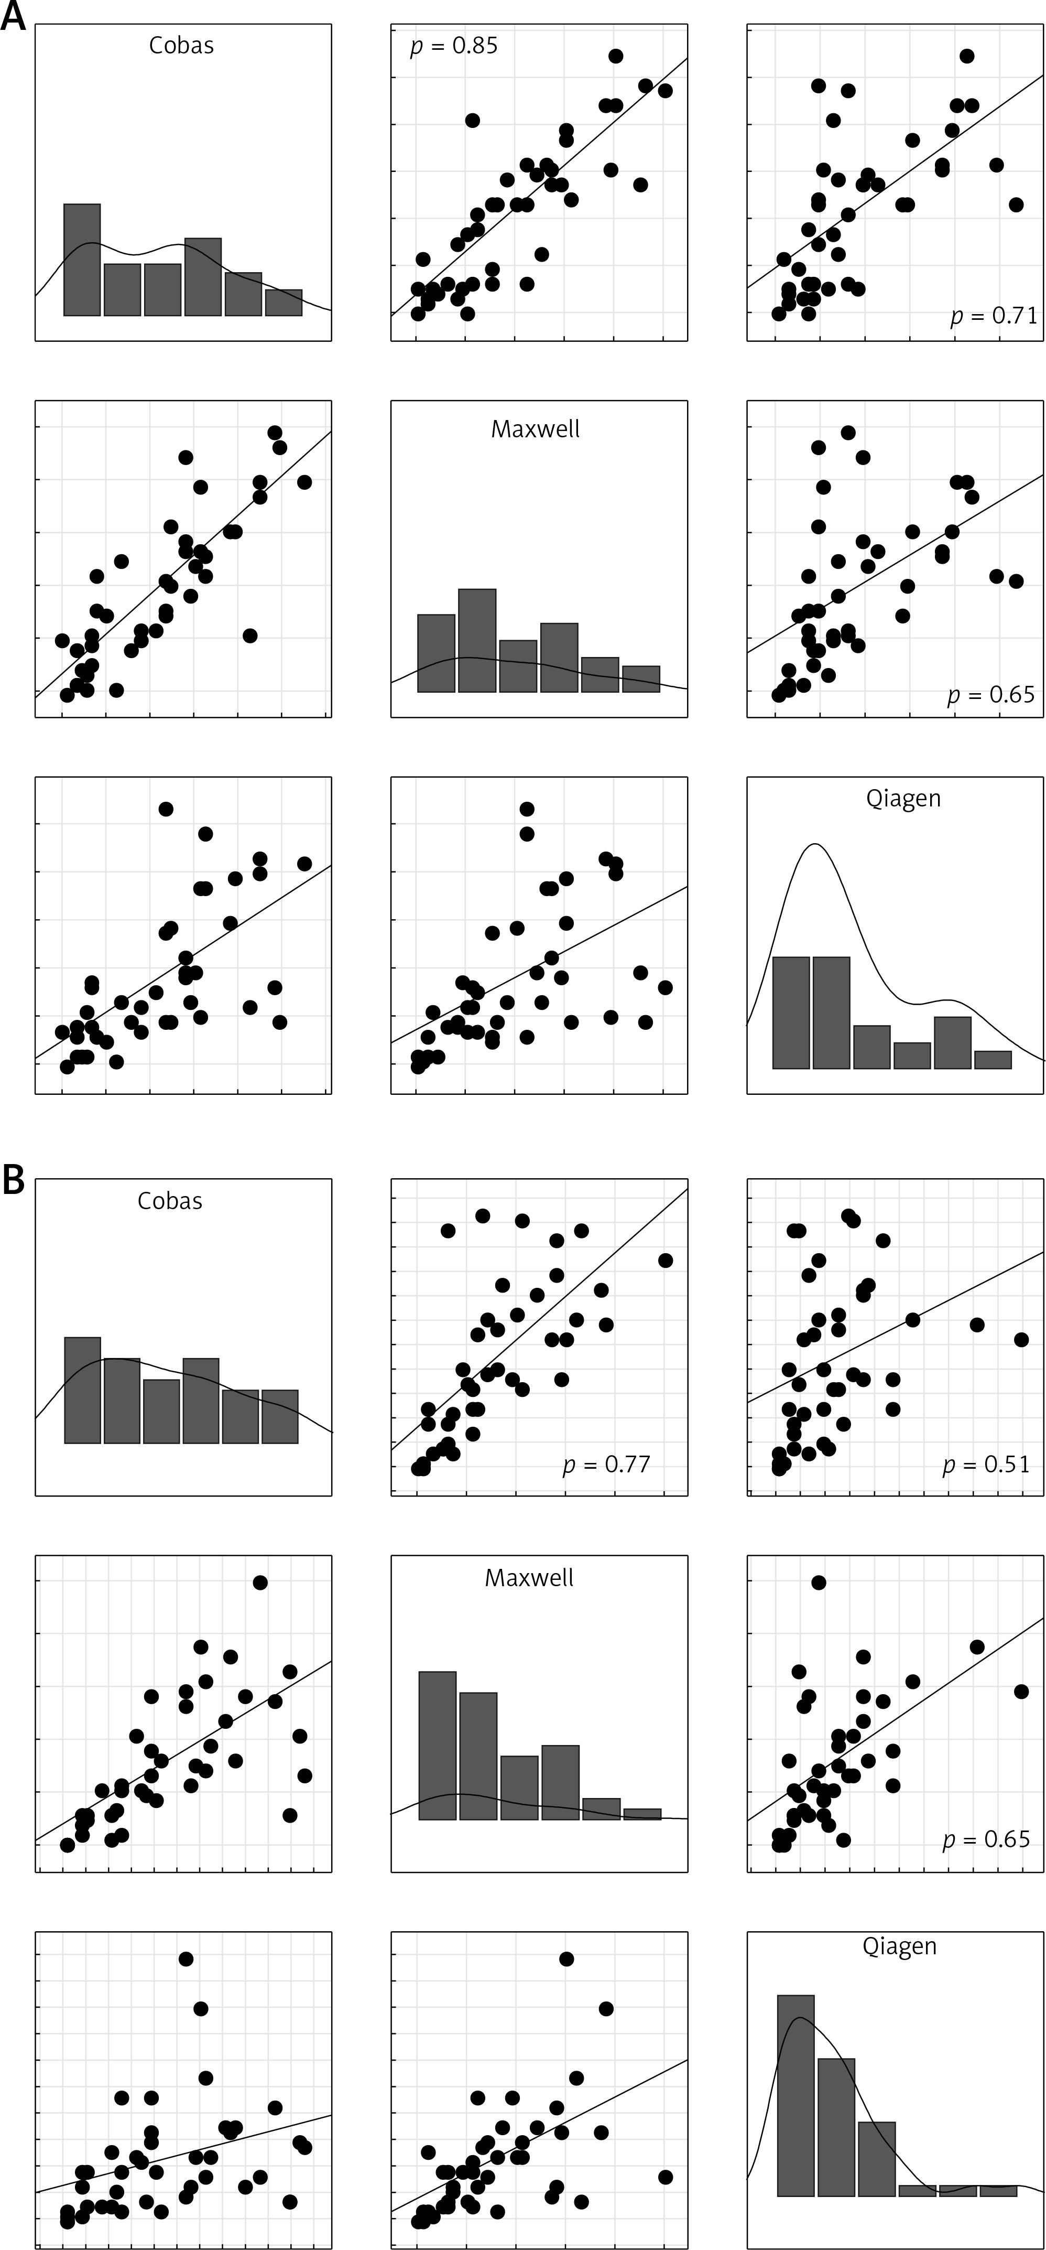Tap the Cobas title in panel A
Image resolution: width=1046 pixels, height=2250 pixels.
182,46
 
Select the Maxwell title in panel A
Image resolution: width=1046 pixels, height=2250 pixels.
535,429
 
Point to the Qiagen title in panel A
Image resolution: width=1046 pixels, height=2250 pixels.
903,799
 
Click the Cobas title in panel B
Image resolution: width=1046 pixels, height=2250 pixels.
170,1201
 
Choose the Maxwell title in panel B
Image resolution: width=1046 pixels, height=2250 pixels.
529,1577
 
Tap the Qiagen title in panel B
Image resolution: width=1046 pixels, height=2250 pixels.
899,1946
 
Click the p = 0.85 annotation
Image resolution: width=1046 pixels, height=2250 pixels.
454,46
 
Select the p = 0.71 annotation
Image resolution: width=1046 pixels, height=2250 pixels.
994,315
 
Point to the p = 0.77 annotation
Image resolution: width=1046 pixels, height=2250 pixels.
607,1464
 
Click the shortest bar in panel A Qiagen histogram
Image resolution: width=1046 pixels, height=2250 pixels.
993,1060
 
